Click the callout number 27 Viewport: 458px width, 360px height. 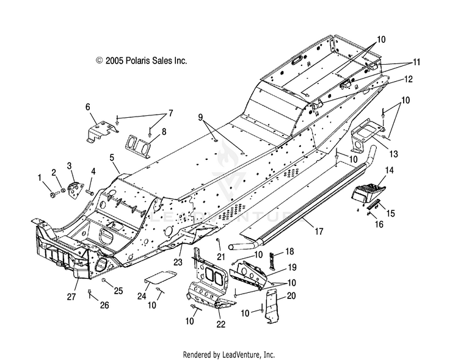71,297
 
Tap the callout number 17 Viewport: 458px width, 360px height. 319,231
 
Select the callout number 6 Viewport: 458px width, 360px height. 87,107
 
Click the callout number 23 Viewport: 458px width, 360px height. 178,262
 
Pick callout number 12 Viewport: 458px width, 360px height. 409,79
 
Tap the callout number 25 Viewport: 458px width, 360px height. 118,291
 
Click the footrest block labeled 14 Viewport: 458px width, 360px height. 369,192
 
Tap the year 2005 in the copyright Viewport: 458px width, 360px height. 115,61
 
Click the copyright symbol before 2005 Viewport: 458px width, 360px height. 100,60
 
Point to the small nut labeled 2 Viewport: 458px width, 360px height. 62,191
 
